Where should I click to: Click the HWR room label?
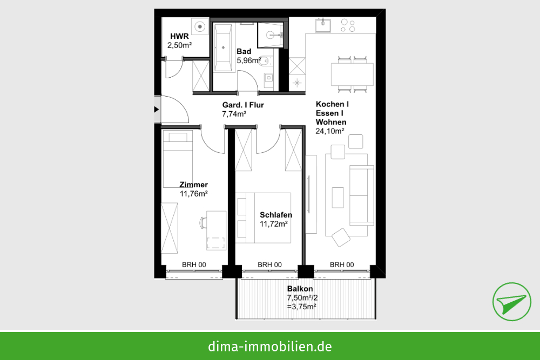click(179, 36)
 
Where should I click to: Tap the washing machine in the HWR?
click(200, 26)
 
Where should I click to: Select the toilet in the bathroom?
click(265, 61)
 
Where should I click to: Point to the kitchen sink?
click(323, 25)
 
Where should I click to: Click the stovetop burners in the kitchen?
click(348, 25)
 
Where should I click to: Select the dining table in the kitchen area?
click(352, 74)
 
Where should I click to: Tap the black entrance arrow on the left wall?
click(157, 110)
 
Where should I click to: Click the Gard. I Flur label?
click(243, 105)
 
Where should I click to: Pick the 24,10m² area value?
click(330, 131)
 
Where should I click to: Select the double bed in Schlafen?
click(264, 218)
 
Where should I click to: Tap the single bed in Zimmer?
click(178, 159)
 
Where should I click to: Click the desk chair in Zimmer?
click(203, 222)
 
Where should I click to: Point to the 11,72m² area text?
click(274, 224)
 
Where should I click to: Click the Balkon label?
click(300, 289)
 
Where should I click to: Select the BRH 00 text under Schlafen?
click(269, 264)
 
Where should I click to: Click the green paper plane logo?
click(511, 302)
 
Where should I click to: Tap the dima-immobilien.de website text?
click(270, 346)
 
